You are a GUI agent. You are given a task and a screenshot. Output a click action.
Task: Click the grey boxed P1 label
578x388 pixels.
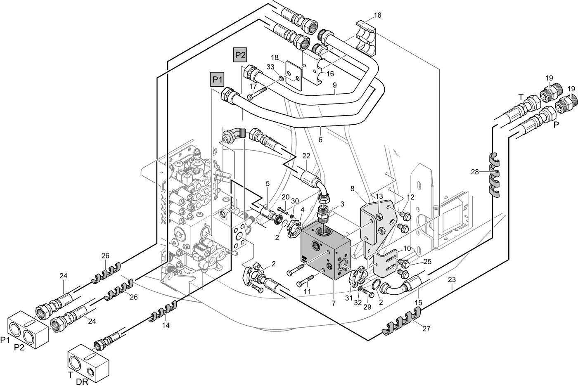coord(217,79)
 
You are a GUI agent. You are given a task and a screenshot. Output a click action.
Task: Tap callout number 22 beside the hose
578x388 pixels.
coord(306,156)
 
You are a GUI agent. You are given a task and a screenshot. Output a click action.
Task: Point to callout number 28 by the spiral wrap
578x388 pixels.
coord(475,172)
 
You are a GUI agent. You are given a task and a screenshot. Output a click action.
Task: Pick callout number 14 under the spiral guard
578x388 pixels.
coord(166,325)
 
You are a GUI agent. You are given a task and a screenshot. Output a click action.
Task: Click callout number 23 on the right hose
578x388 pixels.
coord(452,279)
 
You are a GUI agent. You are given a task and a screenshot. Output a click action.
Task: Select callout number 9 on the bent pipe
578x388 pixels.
coord(335,85)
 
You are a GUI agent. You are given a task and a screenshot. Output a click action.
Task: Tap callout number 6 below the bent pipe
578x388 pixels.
coord(320,140)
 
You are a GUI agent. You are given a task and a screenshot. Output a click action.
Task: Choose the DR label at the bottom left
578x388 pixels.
coord(82,382)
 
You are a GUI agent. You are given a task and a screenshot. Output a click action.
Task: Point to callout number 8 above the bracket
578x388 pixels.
coord(352,189)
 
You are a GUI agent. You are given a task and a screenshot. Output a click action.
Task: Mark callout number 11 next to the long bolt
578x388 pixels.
coord(307,291)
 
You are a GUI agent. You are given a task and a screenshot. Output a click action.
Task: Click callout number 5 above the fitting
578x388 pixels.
coord(268,183)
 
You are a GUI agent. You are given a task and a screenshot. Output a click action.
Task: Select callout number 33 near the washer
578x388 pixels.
coord(270,66)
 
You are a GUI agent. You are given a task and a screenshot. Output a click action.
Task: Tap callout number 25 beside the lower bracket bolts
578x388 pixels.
coord(427,262)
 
